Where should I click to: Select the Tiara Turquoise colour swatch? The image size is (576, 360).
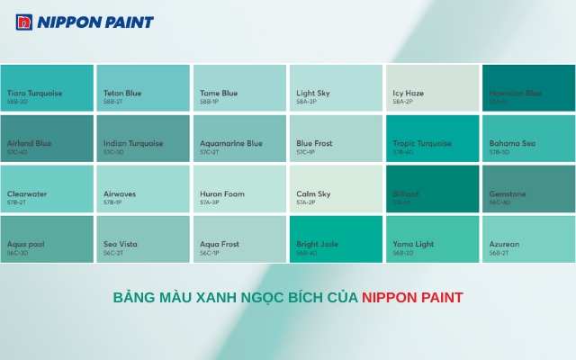point(47,87)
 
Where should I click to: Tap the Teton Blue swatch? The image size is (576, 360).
point(143,87)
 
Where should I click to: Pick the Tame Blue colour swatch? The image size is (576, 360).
point(239,87)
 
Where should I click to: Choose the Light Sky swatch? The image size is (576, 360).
point(337,87)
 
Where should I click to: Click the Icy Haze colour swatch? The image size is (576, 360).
point(433,87)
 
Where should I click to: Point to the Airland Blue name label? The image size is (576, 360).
point(30,143)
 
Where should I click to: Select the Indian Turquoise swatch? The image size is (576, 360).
point(143,138)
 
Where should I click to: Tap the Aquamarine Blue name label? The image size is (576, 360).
point(231,143)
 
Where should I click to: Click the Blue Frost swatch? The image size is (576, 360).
point(337,138)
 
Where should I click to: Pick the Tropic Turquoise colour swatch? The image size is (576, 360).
point(433,138)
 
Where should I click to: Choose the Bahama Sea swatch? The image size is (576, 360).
point(529,138)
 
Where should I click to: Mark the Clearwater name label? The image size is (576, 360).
point(27,193)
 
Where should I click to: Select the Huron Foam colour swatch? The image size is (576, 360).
point(239,188)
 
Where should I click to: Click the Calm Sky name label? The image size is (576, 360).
point(313,193)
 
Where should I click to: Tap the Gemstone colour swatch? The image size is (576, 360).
point(529,188)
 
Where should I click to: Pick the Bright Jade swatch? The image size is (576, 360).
point(337,238)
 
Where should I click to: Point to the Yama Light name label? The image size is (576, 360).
point(413,244)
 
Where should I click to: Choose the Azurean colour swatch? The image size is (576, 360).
point(529,238)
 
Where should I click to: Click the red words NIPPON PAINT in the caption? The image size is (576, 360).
point(412,297)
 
